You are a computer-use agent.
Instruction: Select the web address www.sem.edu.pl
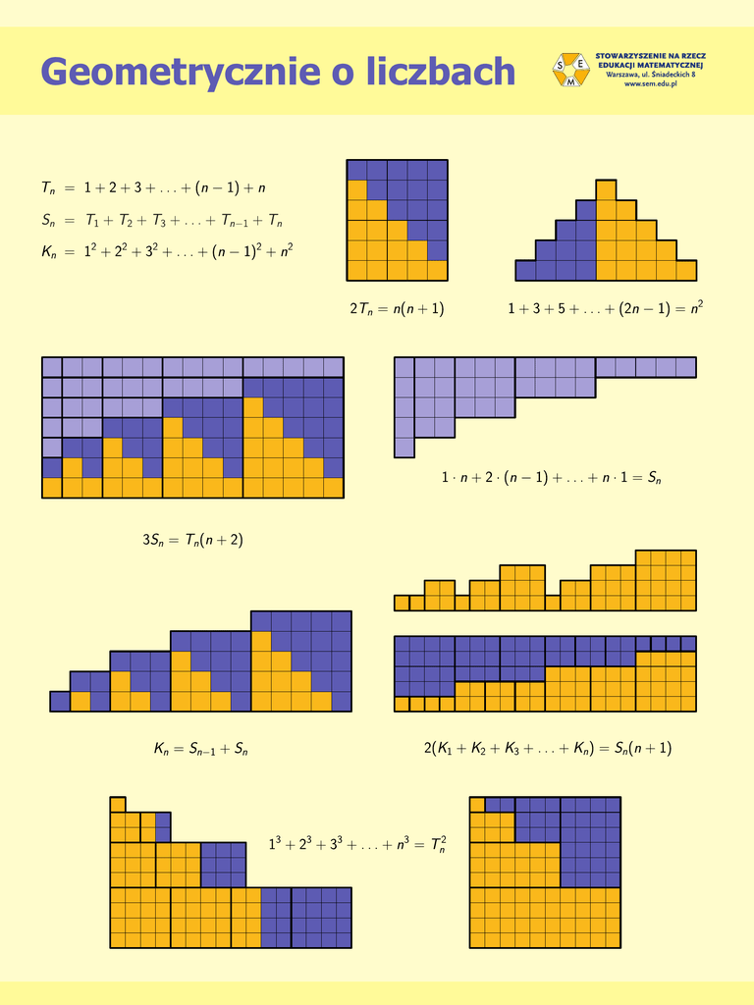point(652,84)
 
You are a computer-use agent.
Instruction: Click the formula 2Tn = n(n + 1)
point(397,309)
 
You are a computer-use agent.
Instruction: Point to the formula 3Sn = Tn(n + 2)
point(192,539)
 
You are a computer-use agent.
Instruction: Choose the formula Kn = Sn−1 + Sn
point(200,749)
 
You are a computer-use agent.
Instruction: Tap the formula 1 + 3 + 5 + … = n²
point(605,309)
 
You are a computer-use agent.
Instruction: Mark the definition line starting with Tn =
point(154,187)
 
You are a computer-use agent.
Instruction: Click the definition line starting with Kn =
point(167,252)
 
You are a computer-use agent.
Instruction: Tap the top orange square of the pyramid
point(606,189)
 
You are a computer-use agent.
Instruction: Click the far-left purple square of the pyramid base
point(525,270)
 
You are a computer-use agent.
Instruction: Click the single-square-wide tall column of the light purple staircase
point(404,407)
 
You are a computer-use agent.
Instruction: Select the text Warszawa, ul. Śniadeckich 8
point(651,75)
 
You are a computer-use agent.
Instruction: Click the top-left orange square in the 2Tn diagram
point(356,189)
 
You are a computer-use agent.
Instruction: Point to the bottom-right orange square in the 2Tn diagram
point(437,270)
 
